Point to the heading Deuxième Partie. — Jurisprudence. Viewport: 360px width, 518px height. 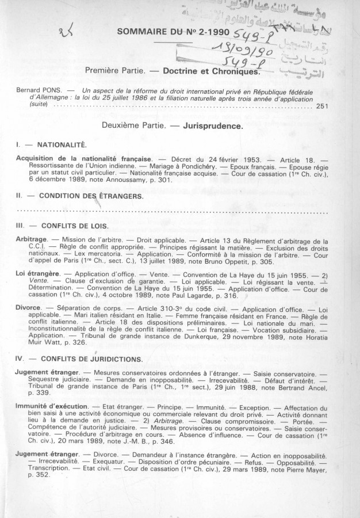181,124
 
